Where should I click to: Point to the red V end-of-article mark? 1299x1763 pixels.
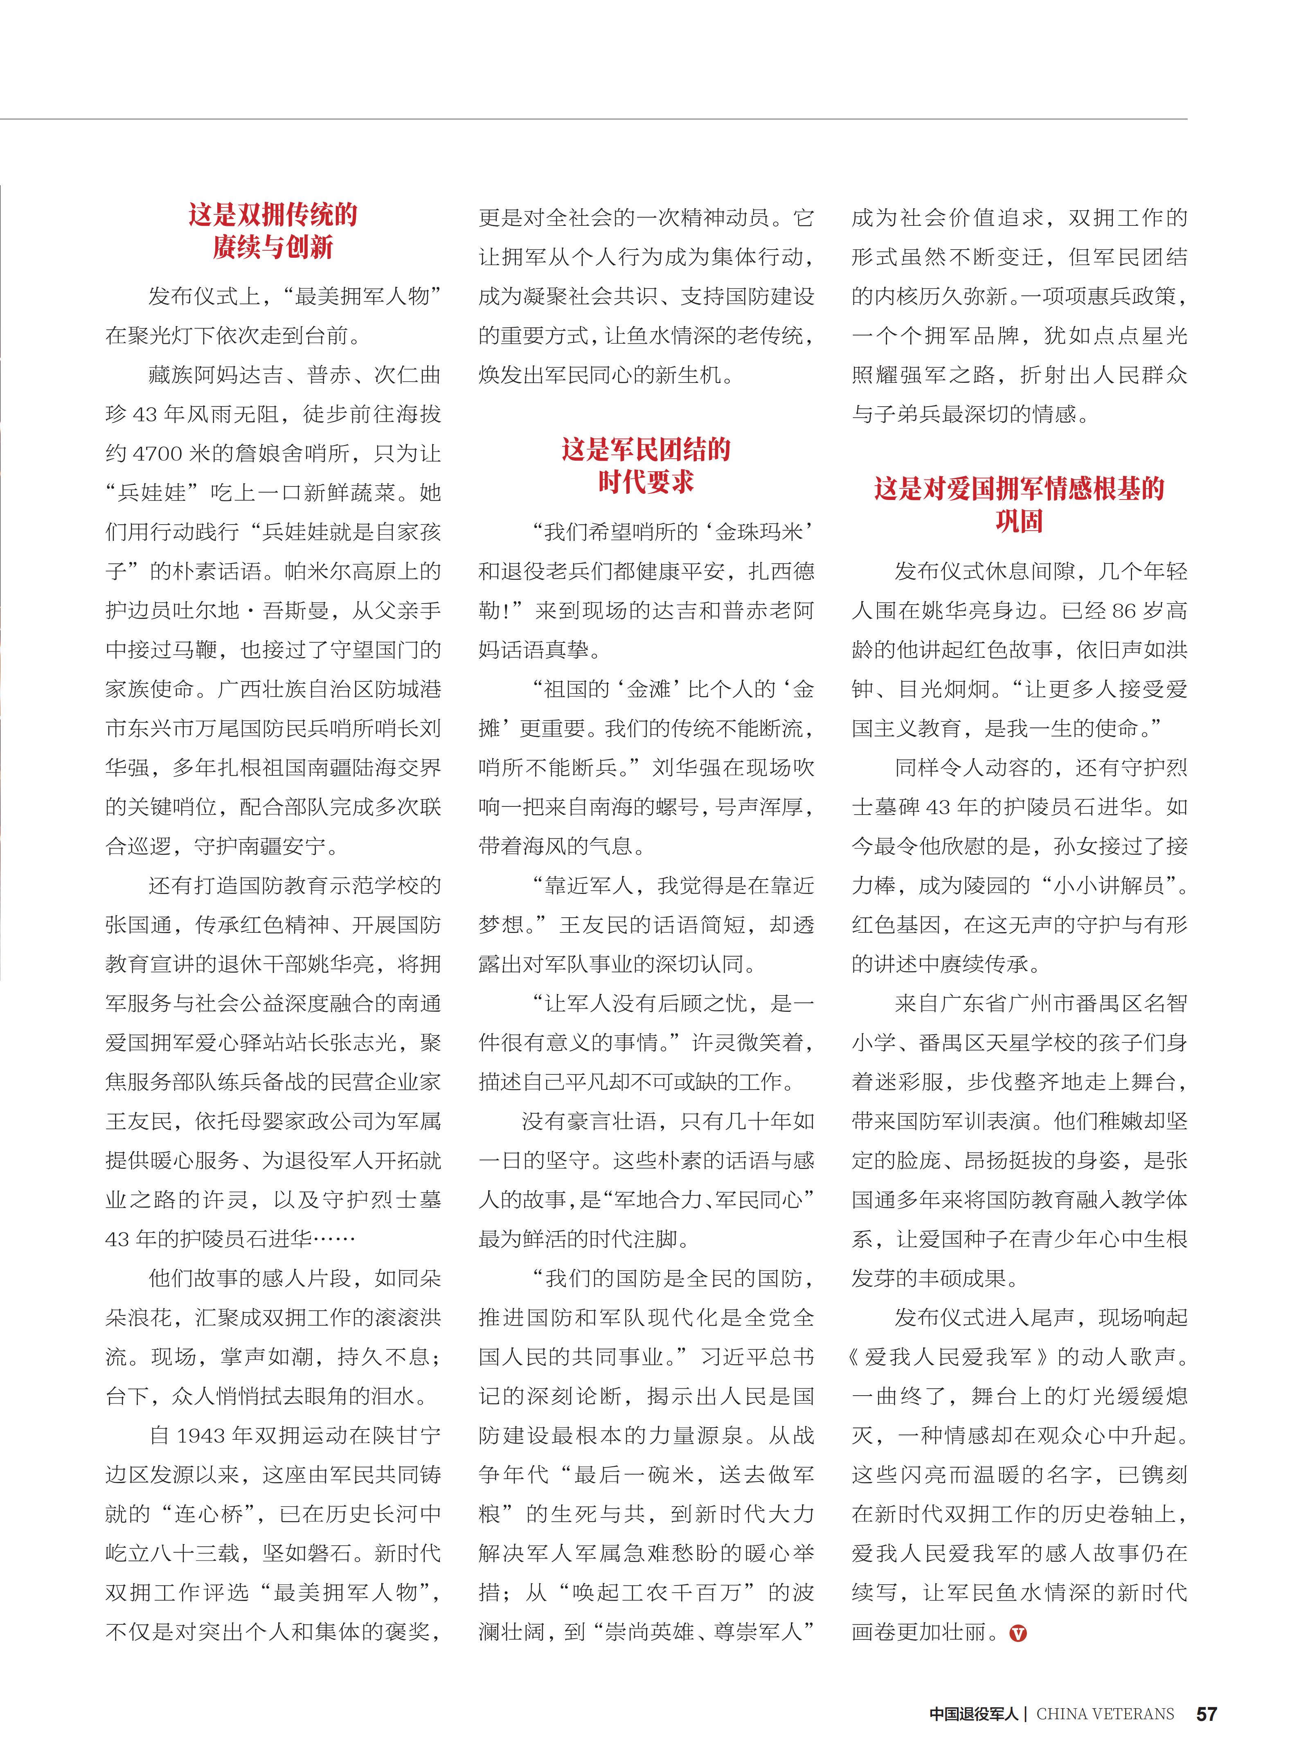(x=1018, y=1633)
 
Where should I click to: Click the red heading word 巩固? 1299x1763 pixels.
(x=1019, y=521)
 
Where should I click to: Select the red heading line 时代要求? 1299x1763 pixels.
(x=646, y=481)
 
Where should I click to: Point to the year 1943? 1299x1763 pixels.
(x=201, y=1436)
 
